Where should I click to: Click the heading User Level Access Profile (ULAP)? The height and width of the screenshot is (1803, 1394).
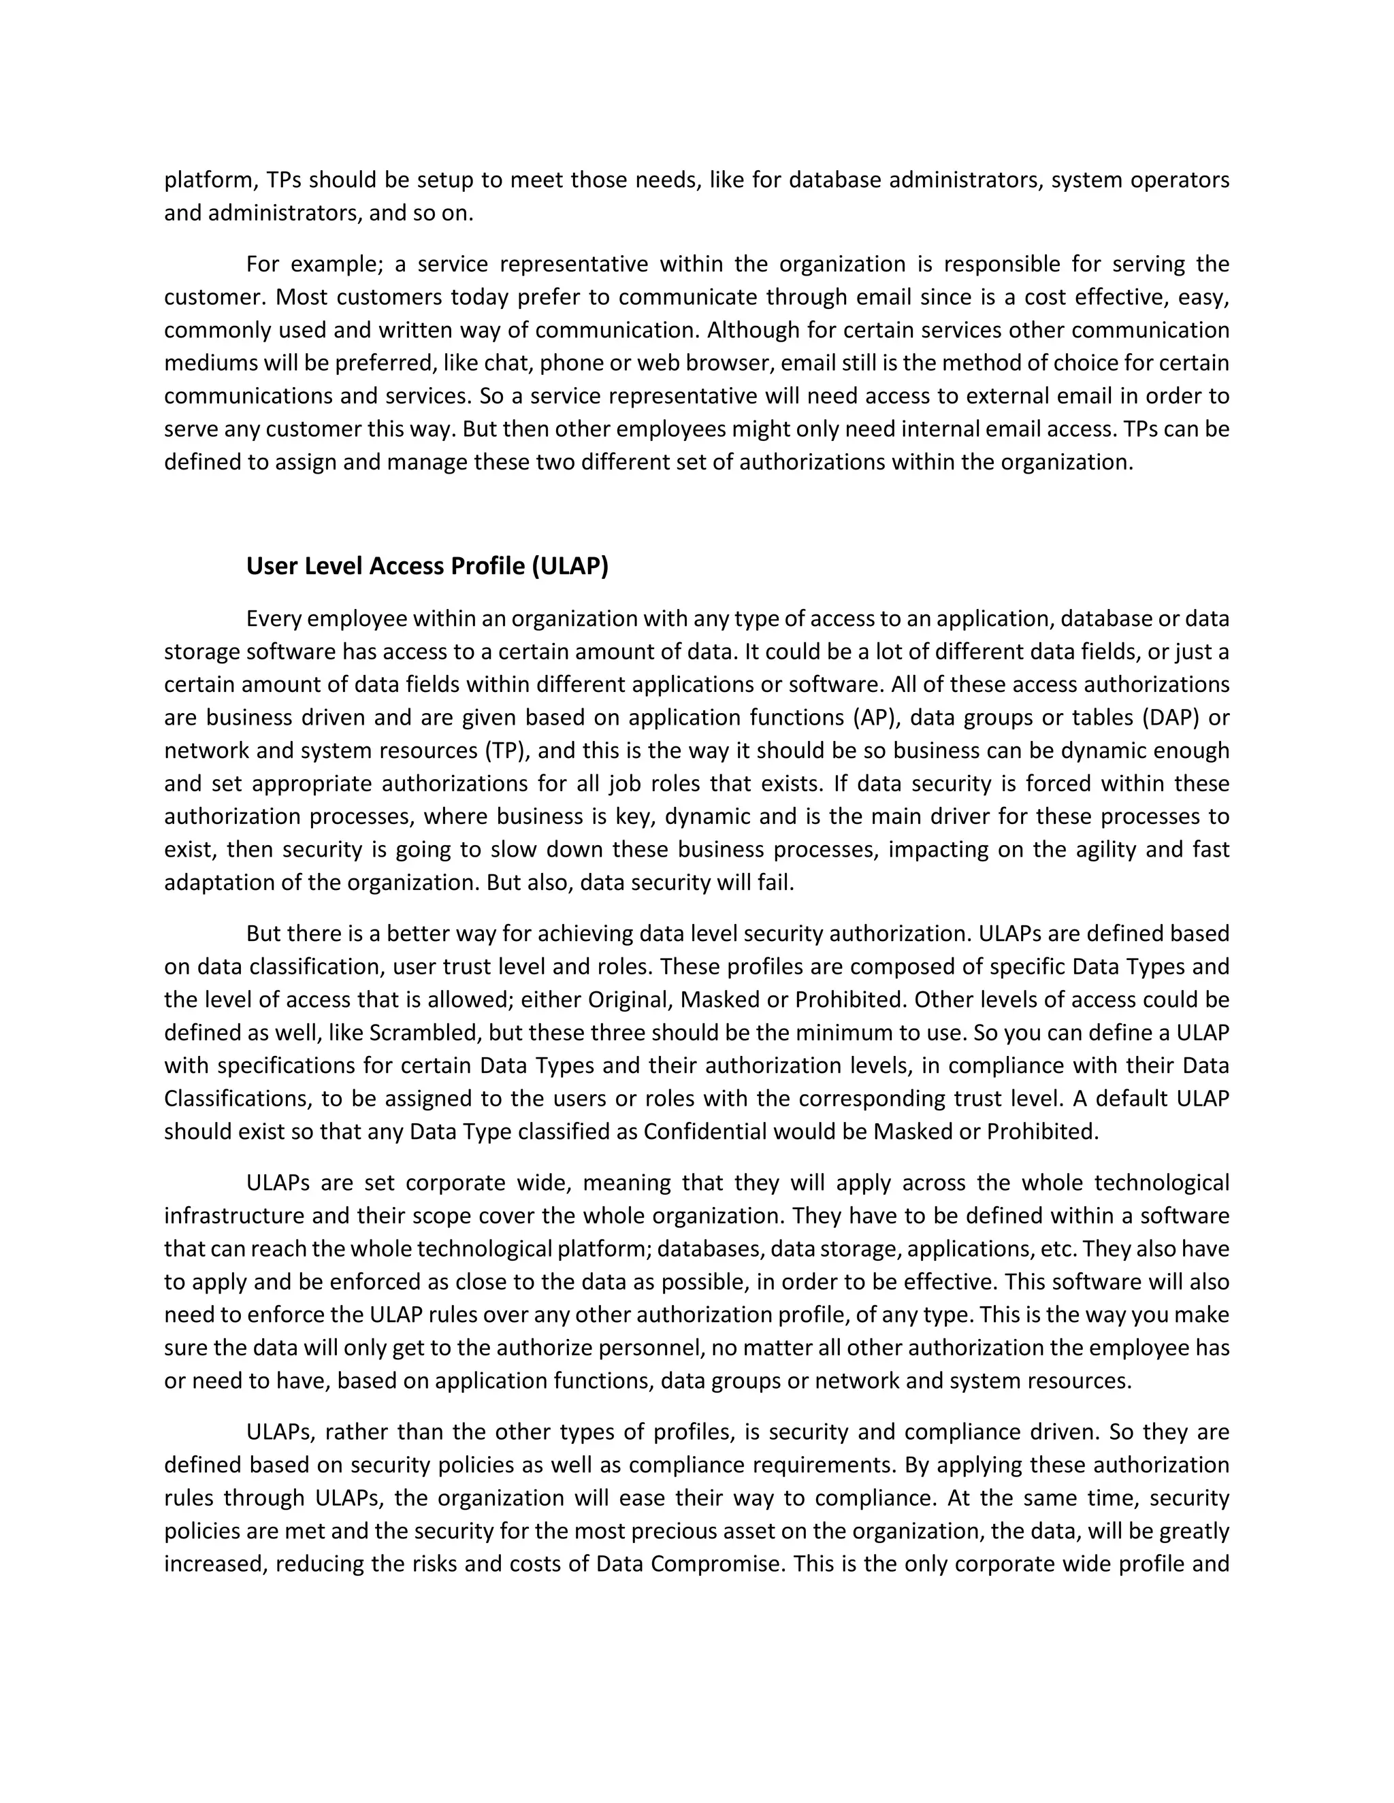point(427,566)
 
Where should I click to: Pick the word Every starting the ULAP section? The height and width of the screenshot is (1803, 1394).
point(274,618)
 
